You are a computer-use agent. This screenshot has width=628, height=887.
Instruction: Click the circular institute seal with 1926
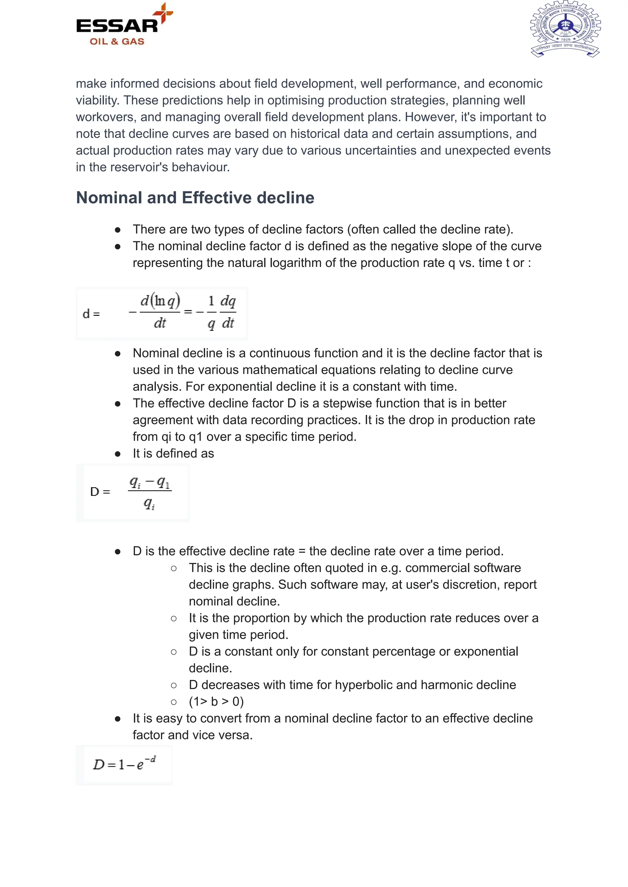[565, 29]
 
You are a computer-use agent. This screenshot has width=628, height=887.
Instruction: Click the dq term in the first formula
[228, 301]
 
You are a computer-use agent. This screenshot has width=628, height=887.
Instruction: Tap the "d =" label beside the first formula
[91, 314]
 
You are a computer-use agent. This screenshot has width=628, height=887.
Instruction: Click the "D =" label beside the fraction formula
[100, 491]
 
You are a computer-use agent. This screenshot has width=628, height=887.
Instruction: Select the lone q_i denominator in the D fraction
[149, 503]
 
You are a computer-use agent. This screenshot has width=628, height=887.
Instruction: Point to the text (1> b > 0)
[216, 702]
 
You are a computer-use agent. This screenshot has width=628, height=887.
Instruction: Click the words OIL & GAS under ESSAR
[117, 41]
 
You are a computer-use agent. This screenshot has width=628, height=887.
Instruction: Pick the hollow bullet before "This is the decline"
[174, 568]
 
